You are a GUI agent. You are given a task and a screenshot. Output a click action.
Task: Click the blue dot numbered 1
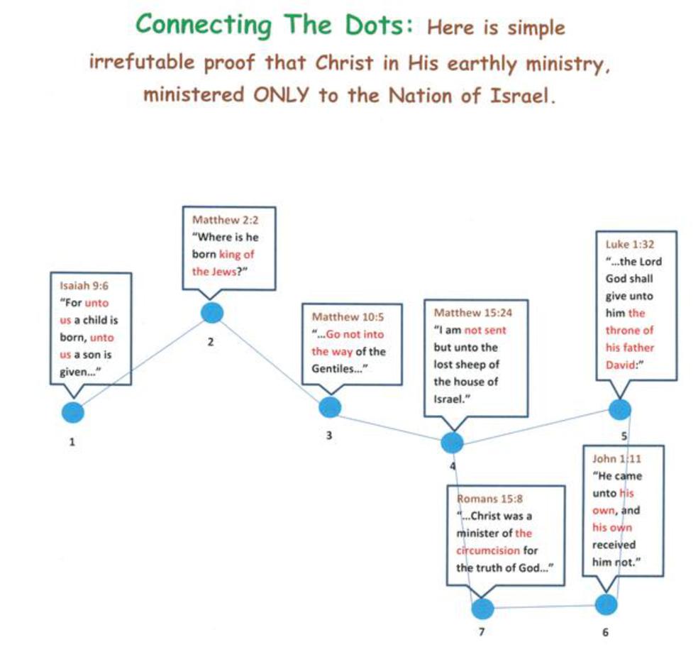click(72, 412)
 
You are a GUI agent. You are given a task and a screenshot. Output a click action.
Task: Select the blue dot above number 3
click(330, 407)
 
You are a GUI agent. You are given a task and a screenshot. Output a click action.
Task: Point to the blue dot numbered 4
click(453, 442)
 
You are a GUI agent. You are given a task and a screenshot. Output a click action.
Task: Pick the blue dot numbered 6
click(606, 604)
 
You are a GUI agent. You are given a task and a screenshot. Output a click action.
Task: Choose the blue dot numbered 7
click(483, 608)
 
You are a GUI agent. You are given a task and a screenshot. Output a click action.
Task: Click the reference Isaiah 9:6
click(84, 285)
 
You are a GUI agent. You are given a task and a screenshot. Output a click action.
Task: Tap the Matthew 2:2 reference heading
click(226, 219)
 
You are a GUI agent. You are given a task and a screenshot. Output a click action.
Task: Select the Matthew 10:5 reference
click(348, 316)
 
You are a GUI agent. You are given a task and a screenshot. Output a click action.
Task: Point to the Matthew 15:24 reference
click(472, 313)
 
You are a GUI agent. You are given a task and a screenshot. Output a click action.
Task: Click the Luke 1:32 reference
click(629, 244)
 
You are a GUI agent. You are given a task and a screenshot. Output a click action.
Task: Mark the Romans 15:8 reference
click(489, 499)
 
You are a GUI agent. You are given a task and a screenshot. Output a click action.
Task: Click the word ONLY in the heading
click(281, 95)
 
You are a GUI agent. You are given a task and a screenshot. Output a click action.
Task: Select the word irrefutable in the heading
click(142, 62)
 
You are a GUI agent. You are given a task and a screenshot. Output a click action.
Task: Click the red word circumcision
click(488, 550)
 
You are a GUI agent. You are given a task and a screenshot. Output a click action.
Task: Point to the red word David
click(622, 365)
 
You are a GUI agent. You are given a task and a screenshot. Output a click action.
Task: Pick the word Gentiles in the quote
click(333, 369)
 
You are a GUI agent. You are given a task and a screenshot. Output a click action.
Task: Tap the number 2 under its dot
click(211, 342)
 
